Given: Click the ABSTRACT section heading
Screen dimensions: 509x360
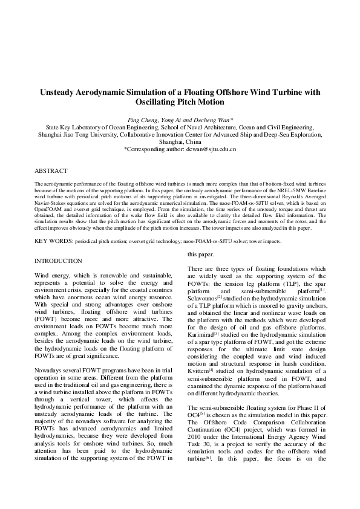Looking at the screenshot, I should (x=51, y=171).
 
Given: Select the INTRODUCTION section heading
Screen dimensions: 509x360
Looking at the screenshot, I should (x=58, y=261).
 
